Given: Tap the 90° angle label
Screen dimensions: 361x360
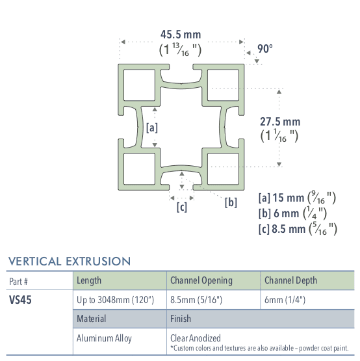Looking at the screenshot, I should (x=264, y=48).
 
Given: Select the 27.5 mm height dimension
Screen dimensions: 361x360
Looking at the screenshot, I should (x=280, y=121).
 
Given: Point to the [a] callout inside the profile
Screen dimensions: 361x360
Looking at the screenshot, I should (x=152, y=128).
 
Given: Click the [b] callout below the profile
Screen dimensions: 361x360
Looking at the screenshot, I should (x=231, y=202).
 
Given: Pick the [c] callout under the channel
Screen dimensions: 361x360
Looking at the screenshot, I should (x=182, y=207).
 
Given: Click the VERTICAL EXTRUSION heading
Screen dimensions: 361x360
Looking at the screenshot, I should (x=70, y=261).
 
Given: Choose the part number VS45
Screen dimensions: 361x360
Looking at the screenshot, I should (x=20, y=301).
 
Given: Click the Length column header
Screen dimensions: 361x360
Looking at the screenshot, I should (x=89, y=280).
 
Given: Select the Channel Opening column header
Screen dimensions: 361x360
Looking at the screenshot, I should (x=201, y=280).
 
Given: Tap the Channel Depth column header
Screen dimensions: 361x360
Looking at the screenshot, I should (x=290, y=280).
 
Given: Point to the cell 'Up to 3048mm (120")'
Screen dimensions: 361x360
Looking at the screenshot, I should (x=115, y=301).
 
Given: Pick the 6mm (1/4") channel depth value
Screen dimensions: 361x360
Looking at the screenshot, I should (x=285, y=301).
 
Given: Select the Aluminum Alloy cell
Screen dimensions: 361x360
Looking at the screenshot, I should (x=104, y=339).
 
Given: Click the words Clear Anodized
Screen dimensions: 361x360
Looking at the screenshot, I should (x=196, y=338).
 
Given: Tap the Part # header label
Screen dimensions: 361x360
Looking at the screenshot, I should (x=19, y=281).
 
